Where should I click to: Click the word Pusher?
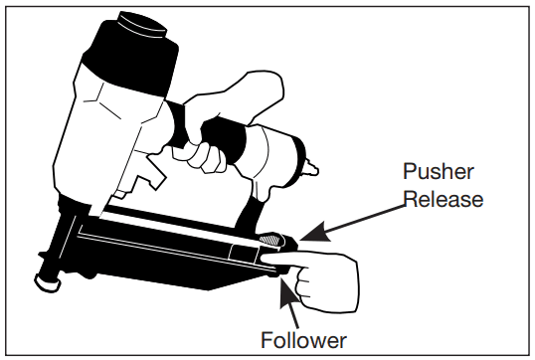pos(439,171)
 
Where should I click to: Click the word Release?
pos(444,198)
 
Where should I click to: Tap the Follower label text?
pos(303,340)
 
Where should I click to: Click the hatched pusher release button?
pos(270,240)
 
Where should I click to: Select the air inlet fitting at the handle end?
pos(311,168)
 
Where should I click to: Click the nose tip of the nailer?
pos(47,281)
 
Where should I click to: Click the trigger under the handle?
pos(153,171)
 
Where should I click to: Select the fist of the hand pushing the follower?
pos(327,283)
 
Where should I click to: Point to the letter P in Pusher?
pos(409,171)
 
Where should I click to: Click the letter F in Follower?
pos(267,340)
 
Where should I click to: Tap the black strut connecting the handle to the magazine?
pos(249,213)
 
